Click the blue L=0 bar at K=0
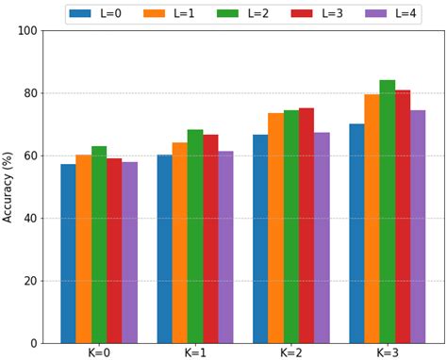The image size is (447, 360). click(x=68, y=254)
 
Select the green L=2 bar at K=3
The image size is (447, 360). click(x=387, y=211)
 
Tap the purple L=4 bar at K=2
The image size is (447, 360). click(x=322, y=237)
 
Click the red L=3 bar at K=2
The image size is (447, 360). click(x=306, y=225)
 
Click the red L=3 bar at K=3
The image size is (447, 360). click(x=403, y=216)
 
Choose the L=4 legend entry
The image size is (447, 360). click(x=390, y=14)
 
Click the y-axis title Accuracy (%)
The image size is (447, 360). click(x=8, y=187)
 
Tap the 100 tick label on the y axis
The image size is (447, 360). click(x=26, y=31)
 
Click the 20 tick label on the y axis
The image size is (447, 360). click(x=30, y=281)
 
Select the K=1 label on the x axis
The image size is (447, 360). click(x=194, y=352)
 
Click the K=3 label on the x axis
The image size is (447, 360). click(x=387, y=352)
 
